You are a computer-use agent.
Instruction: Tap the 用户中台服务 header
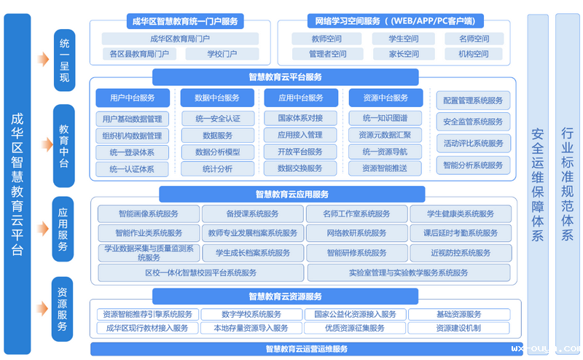133,98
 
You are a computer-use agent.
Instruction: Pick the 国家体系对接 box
300,118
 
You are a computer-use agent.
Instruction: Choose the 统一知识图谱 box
384,118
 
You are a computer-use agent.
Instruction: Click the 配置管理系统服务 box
473,101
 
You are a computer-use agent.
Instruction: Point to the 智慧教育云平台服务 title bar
285,77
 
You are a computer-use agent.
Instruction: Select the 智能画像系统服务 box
149,214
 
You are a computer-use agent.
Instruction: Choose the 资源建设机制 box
458,328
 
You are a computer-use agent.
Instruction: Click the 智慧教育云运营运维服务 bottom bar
306,348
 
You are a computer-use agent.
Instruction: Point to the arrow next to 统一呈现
42,58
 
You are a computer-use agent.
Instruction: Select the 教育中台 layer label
64,144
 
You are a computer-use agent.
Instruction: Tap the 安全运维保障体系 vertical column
538,182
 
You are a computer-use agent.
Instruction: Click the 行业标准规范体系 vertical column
568,182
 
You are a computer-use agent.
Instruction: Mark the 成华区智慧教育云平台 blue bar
17,182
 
